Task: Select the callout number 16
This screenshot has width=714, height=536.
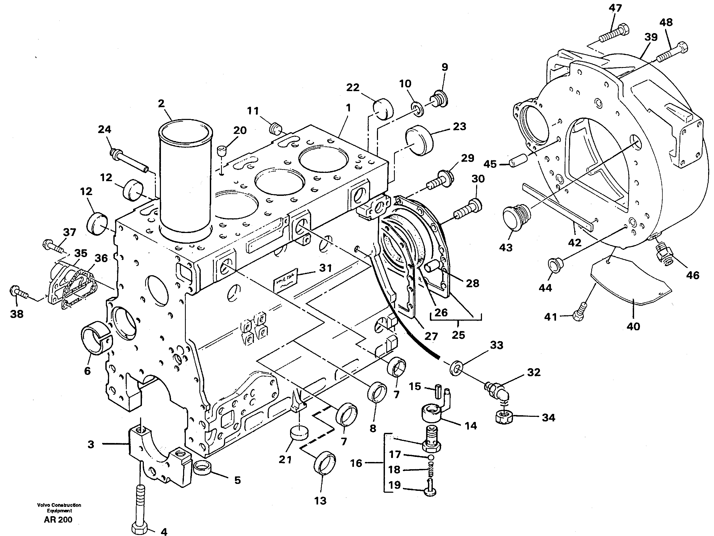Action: (356, 463)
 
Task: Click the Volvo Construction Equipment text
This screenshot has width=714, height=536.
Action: (59, 508)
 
